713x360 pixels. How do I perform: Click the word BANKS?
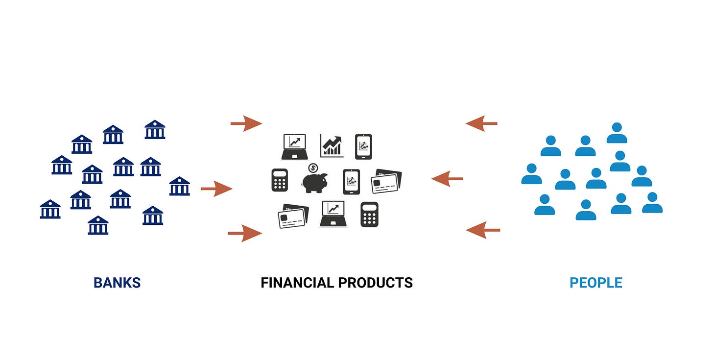[x=117, y=283]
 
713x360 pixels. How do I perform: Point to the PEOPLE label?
[x=595, y=283]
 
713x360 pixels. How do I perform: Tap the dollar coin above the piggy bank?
[x=313, y=168]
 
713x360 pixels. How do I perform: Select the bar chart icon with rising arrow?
[x=332, y=146]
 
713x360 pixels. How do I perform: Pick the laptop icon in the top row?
[x=294, y=146]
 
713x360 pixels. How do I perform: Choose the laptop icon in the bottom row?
[x=333, y=214]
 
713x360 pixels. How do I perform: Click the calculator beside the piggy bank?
[x=280, y=180]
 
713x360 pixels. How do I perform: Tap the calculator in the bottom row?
[x=369, y=214]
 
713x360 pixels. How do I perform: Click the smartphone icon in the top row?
[x=363, y=146]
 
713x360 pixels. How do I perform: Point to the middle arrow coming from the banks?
[x=216, y=189]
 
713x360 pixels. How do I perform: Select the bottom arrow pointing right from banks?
[x=245, y=233]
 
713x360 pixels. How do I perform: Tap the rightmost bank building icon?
[x=179, y=187]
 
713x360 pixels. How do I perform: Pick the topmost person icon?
[x=617, y=133]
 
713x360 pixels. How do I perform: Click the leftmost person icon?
[x=531, y=174]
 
